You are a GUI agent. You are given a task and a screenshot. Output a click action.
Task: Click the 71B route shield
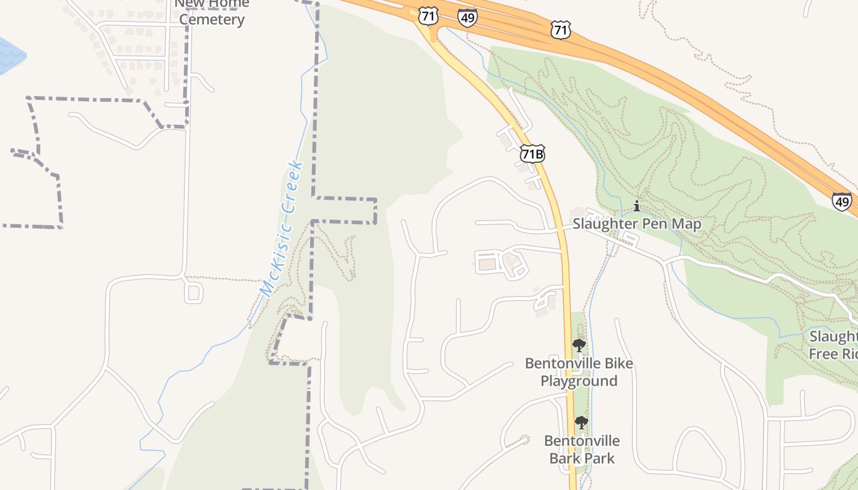532,153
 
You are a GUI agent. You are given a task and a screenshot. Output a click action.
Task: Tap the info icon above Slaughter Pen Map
637,206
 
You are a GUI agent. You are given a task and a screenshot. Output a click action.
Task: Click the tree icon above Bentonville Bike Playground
579,345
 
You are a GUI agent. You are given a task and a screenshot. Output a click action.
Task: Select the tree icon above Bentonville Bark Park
581,423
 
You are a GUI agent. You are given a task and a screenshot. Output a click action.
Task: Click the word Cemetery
212,20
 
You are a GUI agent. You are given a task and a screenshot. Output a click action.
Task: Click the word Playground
579,381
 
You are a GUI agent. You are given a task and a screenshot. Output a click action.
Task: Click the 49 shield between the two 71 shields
467,18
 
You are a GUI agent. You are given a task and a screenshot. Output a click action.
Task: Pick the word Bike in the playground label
618,364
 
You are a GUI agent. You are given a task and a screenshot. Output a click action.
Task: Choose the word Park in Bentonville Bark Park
598,458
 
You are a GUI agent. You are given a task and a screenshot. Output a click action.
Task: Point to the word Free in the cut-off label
823,354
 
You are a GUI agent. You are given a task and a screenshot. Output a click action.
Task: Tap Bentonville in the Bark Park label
582,441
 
